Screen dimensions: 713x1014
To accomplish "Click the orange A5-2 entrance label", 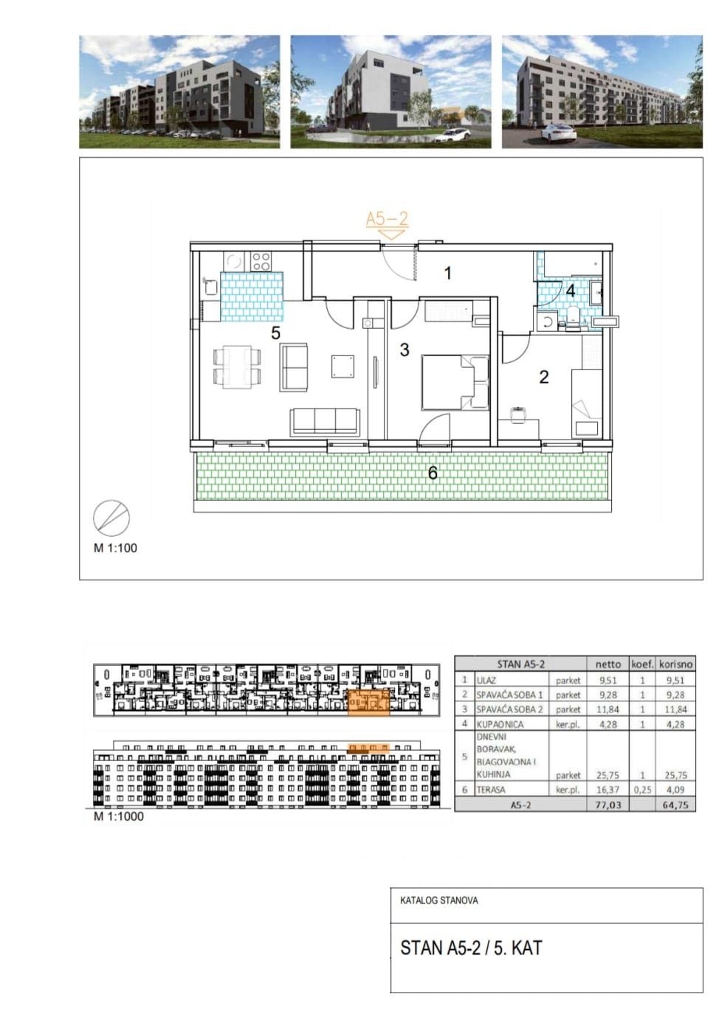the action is pos(387,219).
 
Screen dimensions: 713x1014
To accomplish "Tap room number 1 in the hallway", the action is pos(447,274).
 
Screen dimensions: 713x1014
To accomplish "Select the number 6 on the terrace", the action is pos(433,473).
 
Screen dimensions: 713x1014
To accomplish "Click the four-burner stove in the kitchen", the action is pos(261,261).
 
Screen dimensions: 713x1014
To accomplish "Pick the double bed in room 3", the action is pos(455,383).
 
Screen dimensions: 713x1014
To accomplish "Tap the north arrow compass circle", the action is pos(111,518).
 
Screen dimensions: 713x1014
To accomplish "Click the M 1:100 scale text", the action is pos(115,548).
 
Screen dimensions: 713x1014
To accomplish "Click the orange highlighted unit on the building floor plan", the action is pos(368,702).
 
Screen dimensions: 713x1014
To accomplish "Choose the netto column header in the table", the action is pos(608,664).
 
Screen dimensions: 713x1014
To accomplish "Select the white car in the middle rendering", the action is pos(455,134).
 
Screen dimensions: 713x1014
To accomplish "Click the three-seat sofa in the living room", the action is pos(325,422).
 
